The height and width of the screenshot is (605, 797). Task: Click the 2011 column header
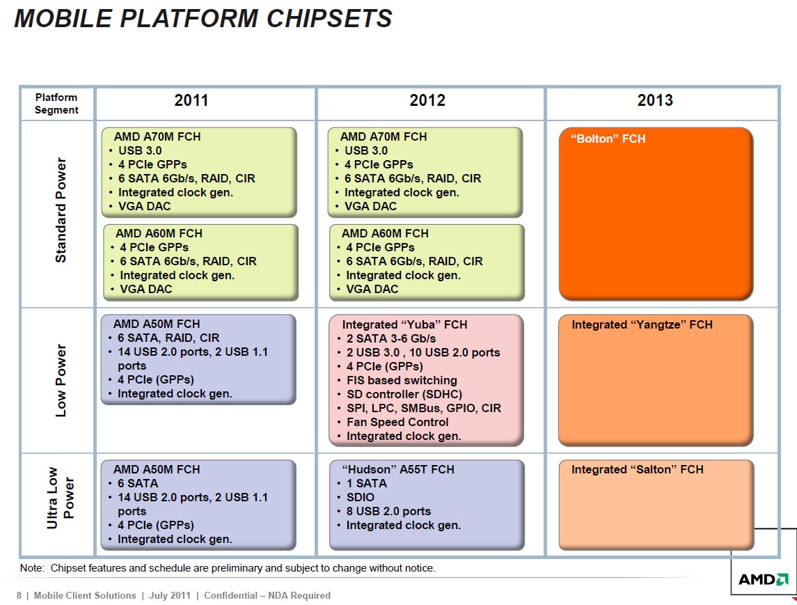(x=191, y=100)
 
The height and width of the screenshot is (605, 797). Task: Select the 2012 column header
(x=427, y=100)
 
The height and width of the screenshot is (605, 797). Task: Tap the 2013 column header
(x=655, y=100)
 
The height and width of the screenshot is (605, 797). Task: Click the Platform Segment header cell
(x=56, y=104)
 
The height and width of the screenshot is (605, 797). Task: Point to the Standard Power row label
(x=61, y=210)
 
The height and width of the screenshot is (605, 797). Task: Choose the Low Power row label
(x=61, y=381)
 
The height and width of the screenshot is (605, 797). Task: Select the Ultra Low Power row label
(x=61, y=498)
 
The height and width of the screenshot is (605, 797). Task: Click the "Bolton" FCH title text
(x=608, y=139)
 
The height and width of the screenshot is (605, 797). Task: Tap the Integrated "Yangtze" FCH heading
(x=642, y=325)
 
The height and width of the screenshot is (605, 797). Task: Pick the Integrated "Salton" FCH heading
(x=638, y=470)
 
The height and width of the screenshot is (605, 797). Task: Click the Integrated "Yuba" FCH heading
(x=404, y=325)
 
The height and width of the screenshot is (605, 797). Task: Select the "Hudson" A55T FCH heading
(x=398, y=470)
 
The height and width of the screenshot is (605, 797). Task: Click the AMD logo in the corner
(x=764, y=579)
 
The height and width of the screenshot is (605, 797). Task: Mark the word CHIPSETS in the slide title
(x=329, y=19)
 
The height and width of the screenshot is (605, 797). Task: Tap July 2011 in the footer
(x=170, y=595)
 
